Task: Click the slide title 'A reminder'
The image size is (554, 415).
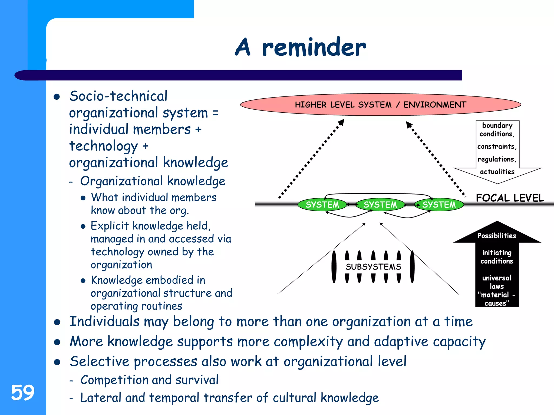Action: [x=300, y=47]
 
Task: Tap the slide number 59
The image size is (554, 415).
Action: [x=23, y=392]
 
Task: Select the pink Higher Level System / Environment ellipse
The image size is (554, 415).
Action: [x=380, y=105]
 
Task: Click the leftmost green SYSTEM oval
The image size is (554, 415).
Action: [x=322, y=205]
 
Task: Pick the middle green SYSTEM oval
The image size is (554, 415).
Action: [x=380, y=205]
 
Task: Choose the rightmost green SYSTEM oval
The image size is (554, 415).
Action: [x=439, y=205]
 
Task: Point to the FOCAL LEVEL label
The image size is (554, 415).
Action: [x=510, y=198]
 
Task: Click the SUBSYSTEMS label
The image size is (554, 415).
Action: [x=373, y=267]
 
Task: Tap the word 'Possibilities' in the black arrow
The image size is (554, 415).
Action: [x=497, y=236]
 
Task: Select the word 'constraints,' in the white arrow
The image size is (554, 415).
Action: [x=497, y=146]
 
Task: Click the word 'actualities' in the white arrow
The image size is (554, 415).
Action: [x=497, y=172]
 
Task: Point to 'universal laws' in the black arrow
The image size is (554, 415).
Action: [x=497, y=282]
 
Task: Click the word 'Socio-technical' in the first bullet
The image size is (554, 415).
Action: [x=118, y=96]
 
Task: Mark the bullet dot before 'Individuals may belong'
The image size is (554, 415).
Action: [x=57, y=322]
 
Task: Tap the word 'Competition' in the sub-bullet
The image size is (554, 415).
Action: [x=112, y=380]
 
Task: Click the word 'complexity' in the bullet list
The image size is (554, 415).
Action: [x=308, y=342]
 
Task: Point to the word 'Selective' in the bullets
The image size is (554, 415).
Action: [x=100, y=362]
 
